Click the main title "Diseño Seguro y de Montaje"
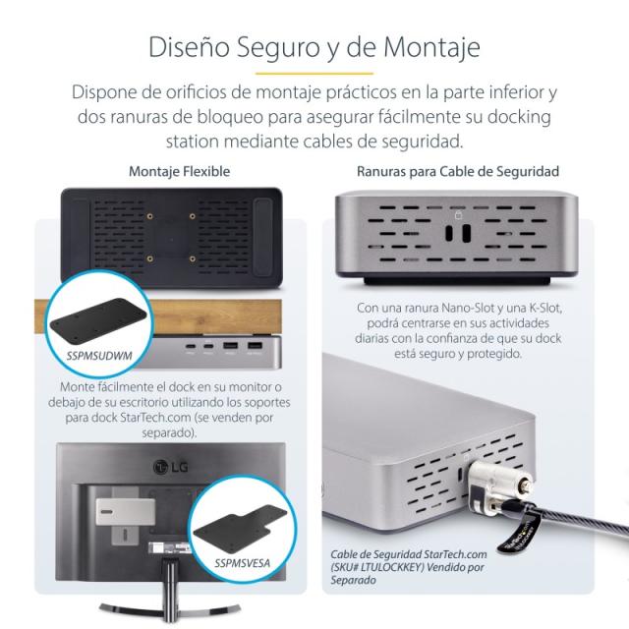pyautogui.click(x=314, y=47)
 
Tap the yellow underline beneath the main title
pyautogui.click(x=314, y=74)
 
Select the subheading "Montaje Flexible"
pyautogui.click(x=179, y=171)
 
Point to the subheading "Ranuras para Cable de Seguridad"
pyautogui.click(x=458, y=171)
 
